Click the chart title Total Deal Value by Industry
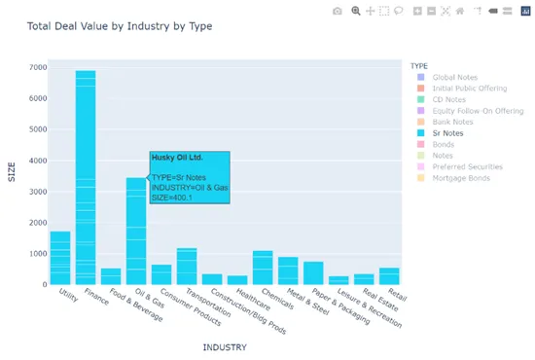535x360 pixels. click(120, 25)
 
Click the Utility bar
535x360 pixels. click(60, 258)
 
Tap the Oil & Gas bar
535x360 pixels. click(136, 234)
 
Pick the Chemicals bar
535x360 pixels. click(263, 268)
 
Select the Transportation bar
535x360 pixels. click(187, 267)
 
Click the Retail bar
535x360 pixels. click(389, 276)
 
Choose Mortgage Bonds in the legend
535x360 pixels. click(461, 178)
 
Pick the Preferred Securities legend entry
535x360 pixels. click(467, 166)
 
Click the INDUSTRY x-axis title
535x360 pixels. click(224, 346)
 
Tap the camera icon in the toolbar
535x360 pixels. click(337, 11)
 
